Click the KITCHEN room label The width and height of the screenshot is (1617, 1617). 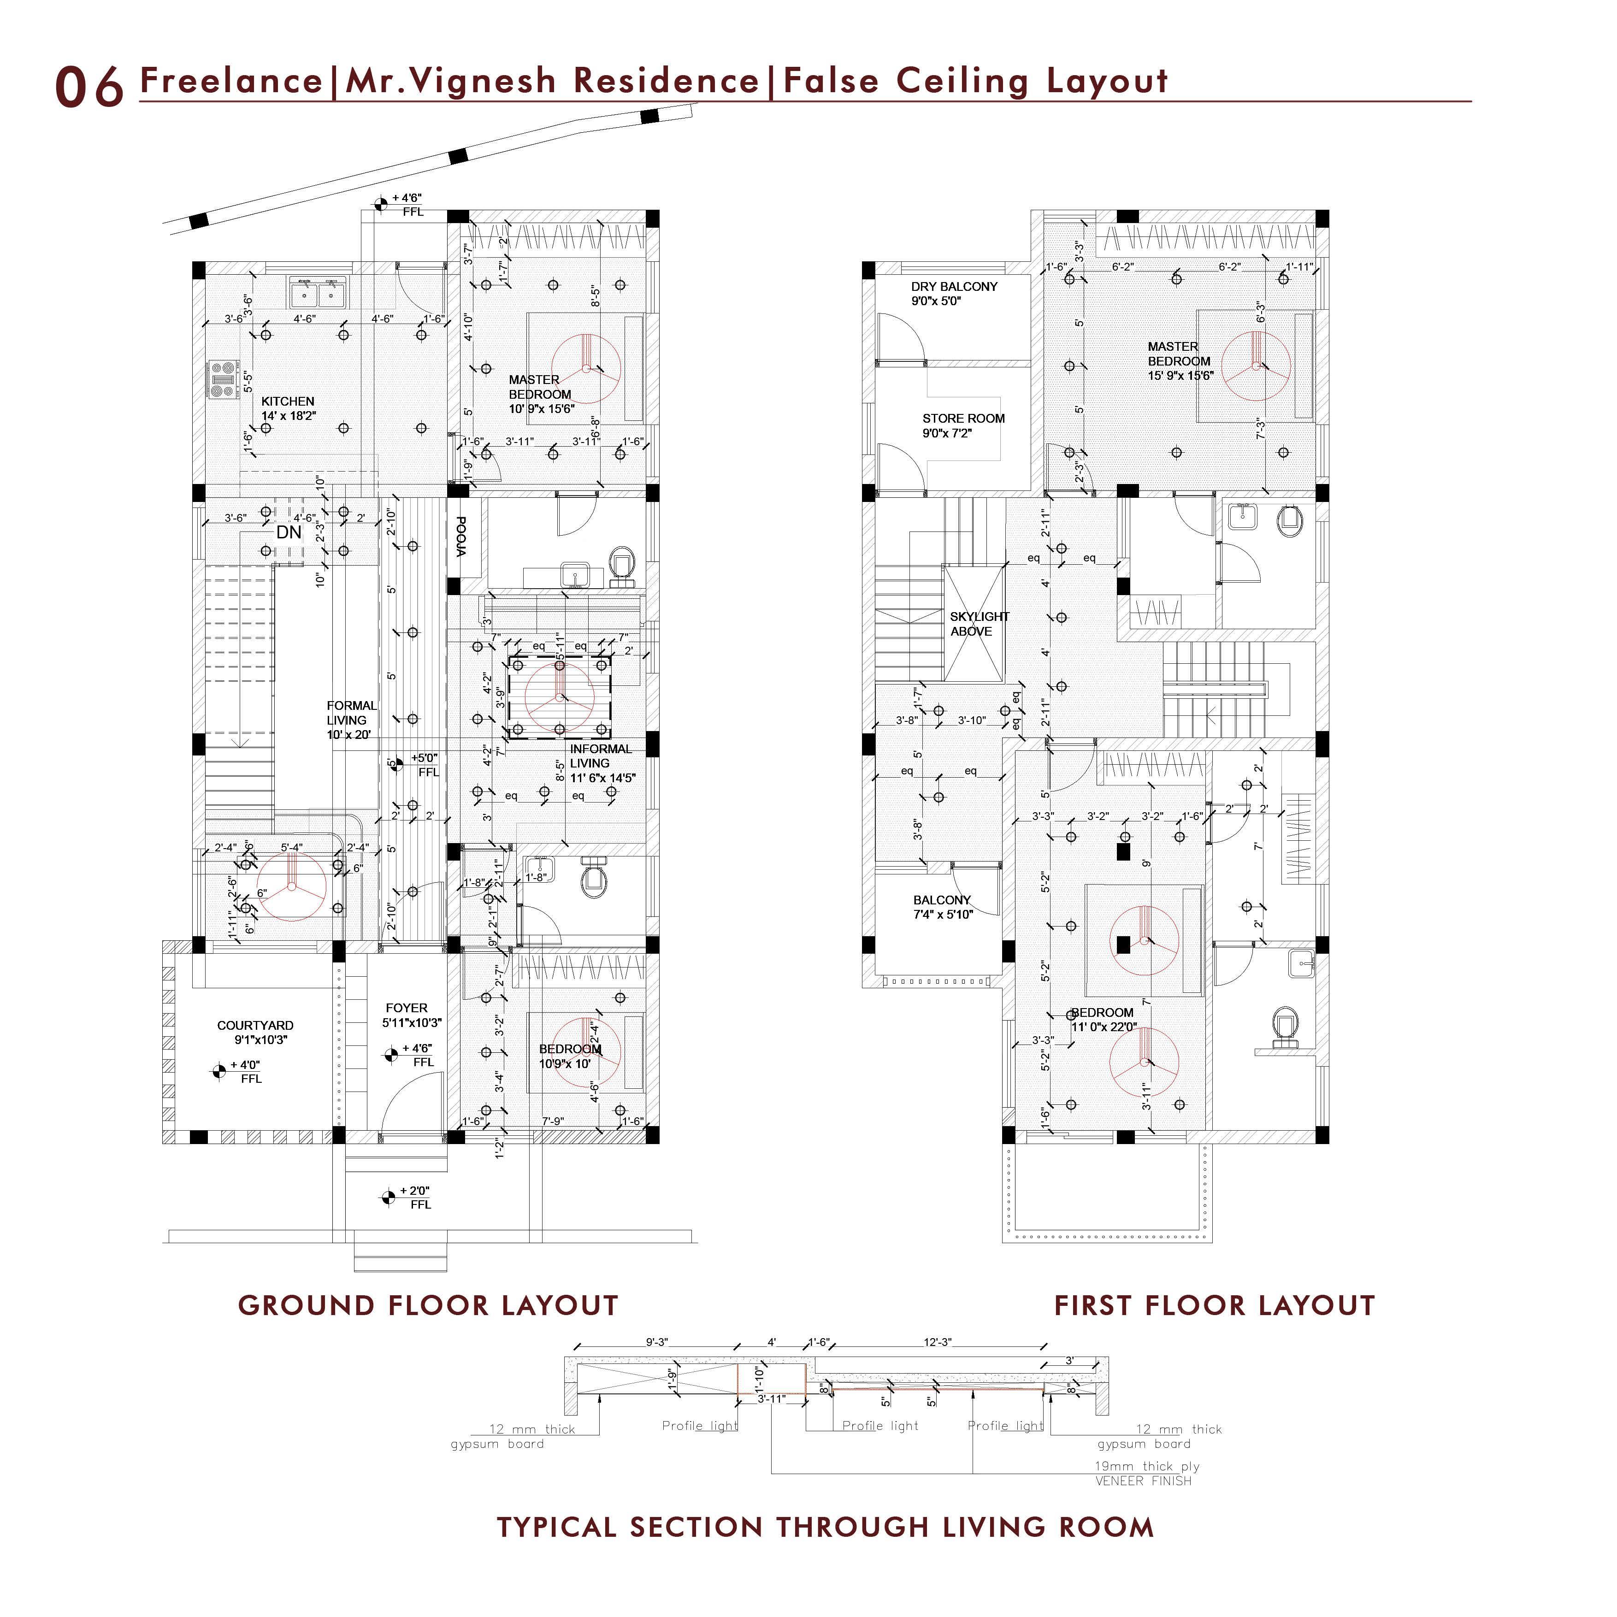288,402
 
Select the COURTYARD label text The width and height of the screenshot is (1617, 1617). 255,1025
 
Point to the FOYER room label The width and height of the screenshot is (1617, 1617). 407,1009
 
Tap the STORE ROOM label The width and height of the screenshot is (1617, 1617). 963,419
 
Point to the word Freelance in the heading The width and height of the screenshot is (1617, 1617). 231,81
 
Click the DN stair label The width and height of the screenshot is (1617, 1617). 289,532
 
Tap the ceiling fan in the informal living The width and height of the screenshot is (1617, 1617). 559,696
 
